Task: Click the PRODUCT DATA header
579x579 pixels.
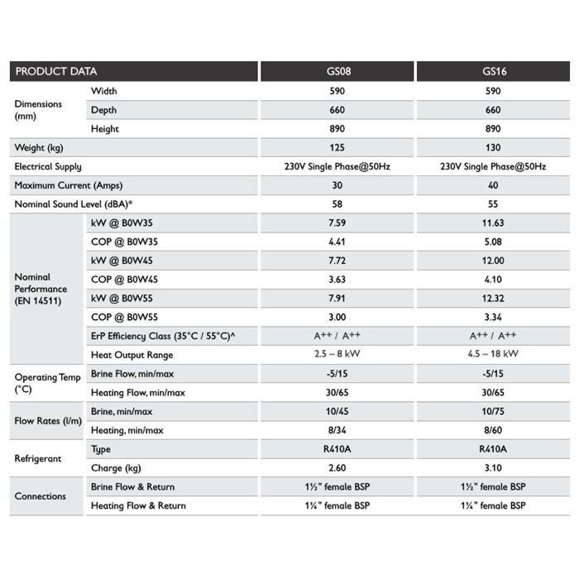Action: [x=55, y=72]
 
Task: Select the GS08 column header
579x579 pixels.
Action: [x=337, y=72]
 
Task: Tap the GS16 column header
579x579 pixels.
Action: [x=494, y=72]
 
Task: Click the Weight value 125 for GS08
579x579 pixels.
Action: [x=337, y=148]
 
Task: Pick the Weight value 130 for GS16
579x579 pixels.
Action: [x=494, y=148]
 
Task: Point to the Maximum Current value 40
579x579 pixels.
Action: [x=494, y=185]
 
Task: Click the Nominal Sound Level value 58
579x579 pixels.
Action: [x=337, y=203]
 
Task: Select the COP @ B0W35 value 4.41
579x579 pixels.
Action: [x=337, y=242]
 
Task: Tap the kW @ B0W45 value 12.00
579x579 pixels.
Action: [x=494, y=261]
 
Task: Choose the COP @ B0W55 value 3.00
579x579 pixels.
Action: [x=337, y=318]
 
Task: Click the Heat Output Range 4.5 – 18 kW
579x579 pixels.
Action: [x=494, y=355]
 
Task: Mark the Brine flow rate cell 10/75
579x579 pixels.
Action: [x=494, y=411]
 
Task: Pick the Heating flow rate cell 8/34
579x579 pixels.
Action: [x=337, y=430]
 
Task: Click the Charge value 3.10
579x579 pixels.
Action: [x=494, y=467]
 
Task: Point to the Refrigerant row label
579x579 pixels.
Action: [x=38, y=458]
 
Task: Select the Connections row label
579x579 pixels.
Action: [x=41, y=496]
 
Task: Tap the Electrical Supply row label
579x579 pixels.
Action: [x=48, y=166]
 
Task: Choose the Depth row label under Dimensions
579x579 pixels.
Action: [x=104, y=110]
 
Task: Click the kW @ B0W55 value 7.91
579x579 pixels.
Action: [x=337, y=299]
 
